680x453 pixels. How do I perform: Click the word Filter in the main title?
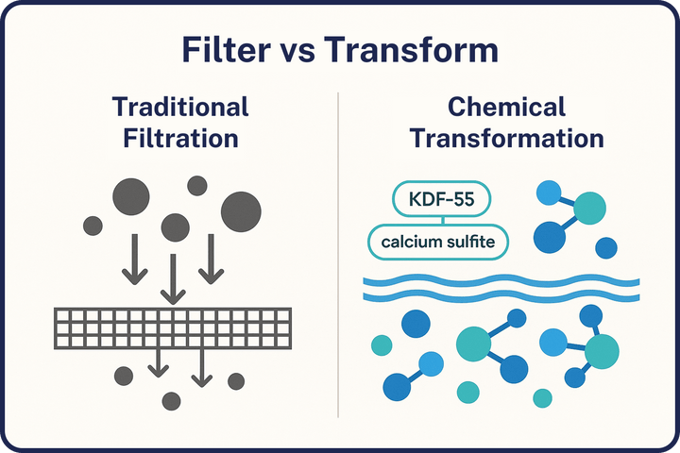tap(227, 49)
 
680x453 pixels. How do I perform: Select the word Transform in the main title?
tap(411, 49)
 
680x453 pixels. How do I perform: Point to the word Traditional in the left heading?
tap(180, 107)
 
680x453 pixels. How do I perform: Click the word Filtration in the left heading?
tap(180, 139)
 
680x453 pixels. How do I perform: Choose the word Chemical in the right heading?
tap(506, 107)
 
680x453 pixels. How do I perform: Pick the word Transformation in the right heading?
tap(506, 139)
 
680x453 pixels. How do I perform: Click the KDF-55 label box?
tap(441, 199)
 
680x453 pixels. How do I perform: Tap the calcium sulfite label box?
tap(438, 242)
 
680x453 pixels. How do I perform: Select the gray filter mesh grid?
tap(173, 328)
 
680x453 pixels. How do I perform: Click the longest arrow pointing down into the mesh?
tap(173, 279)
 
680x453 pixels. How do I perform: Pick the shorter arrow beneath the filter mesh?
tap(158, 362)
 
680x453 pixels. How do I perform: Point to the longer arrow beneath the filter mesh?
tap(202, 368)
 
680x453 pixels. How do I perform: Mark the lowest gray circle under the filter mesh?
tap(171, 401)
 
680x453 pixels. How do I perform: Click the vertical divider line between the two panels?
tap(338, 255)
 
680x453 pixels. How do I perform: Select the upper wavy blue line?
tap(501, 282)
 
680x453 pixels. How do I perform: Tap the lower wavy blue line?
tap(501, 297)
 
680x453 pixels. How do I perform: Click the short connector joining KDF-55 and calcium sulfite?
tap(442, 220)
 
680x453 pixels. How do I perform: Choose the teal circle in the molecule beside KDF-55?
tap(589, 208)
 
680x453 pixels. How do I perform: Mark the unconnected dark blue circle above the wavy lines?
tap(606, 248)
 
